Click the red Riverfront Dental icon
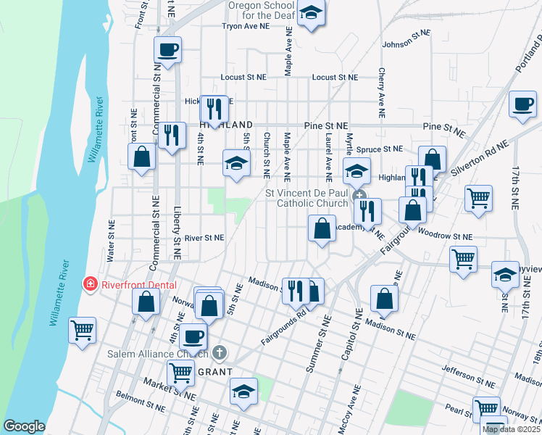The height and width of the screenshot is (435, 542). [91, 283]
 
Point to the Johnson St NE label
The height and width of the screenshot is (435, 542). [406, 44]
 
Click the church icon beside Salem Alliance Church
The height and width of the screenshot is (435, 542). [220, 354]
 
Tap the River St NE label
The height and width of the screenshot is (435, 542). [204, 237]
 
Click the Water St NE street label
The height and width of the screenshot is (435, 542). [111, 241]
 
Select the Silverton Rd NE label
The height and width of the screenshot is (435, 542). [476, 162]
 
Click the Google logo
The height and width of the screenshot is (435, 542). [24, 426]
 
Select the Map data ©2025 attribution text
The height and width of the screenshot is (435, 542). [510, 429]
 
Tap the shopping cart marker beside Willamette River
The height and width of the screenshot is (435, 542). [83, 331]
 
